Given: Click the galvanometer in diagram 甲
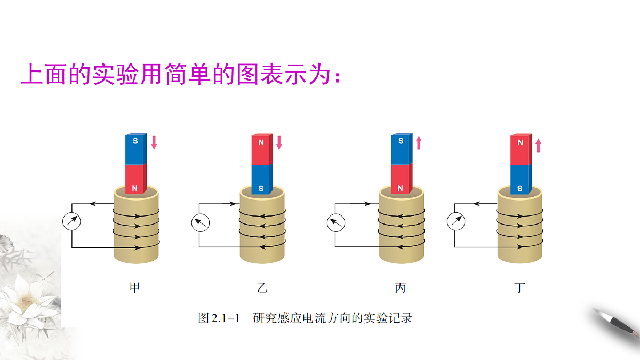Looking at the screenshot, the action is tap(71, 221).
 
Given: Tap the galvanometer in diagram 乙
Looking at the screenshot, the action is tap(201, 223).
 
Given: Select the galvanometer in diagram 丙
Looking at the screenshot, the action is tap(335, 223).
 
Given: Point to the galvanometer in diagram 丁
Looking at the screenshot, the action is tap(455, 221).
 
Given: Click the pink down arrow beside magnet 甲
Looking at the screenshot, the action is tap(154, 142).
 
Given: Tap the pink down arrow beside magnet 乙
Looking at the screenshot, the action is tap(279, 142).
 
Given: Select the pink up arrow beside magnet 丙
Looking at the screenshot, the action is tap(419, 143).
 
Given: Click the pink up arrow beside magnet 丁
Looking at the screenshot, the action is tap(538, 145).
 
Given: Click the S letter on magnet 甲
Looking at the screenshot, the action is tap(135, 141).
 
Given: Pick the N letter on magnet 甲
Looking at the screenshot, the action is tap(135, 188).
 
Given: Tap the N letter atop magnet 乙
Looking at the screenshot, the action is tap(261, 142).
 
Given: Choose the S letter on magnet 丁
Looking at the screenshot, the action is tap(519, 188).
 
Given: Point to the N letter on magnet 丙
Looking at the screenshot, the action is tap(401, 188).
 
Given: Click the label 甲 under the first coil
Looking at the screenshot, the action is tap(134, 287).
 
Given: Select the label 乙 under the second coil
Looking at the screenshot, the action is tap(262, 287).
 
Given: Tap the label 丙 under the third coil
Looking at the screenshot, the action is tap(401, 287).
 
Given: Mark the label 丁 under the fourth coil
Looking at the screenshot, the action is tap(519, 287).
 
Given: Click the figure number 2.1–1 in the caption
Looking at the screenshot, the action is tap(226, 318).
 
